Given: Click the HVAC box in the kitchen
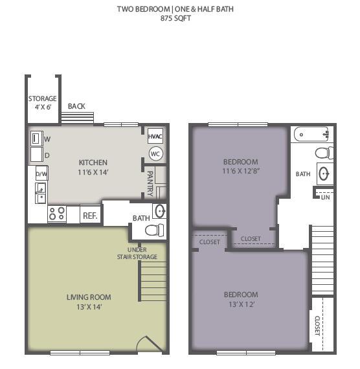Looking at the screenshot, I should point(155,137).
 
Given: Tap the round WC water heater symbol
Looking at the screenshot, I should point(155,153).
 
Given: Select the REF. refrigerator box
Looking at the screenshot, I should point(89,215).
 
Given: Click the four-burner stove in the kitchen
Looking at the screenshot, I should point(57,213).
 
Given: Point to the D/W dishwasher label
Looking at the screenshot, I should point(41,175).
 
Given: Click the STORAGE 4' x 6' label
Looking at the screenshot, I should point(42,102).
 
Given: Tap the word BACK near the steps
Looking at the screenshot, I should point(76,106).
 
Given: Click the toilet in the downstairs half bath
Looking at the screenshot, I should point(154,230).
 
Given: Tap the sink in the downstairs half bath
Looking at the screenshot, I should point(159,211).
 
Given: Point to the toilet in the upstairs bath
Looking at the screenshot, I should point(324,153).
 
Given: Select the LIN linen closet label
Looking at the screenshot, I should point(324,197).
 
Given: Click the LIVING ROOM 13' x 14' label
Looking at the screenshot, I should point(89,302).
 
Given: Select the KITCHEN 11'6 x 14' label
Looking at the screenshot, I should point(93,166).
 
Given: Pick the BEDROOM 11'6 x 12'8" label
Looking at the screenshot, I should point(240,166).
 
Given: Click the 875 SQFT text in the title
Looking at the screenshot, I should point(175,18).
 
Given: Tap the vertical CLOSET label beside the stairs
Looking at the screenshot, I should point(317,324).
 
